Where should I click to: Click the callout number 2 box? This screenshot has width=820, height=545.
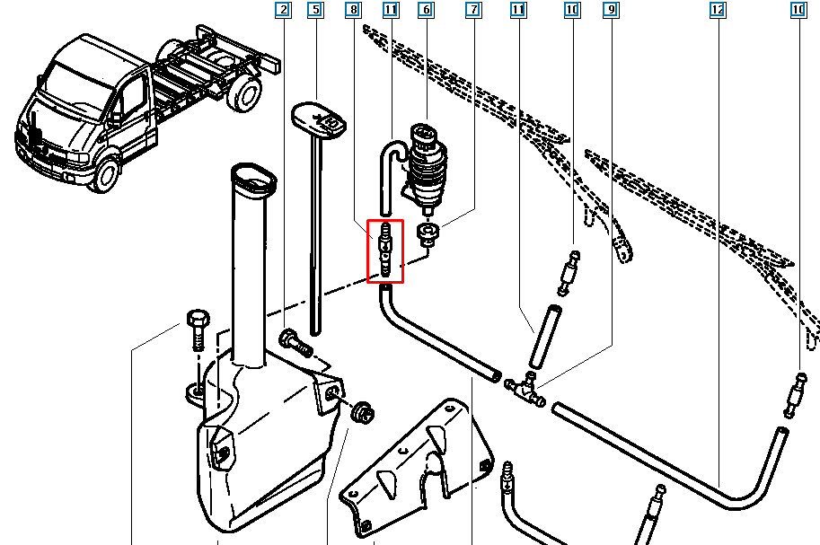(x=283, y=9)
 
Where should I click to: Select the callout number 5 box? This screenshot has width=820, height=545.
(x=315, y=9)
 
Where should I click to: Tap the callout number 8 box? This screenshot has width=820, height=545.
(x=354, y=9)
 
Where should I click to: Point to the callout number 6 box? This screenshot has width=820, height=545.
(x=427, y=9)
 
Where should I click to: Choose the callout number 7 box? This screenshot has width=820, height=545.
(x=474, y=9)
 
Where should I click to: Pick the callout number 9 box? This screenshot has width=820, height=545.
(x=611, y=9)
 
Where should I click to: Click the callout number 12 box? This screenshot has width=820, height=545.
(x=718, y=9)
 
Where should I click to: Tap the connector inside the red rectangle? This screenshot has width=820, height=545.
(x=385, y=250)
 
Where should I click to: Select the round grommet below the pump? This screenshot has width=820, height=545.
(x=428, y=233)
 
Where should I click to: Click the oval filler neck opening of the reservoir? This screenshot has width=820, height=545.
(x=253, y=179)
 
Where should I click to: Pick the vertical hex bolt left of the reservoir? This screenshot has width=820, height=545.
(x=198, y=330)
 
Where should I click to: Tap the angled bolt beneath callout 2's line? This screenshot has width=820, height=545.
(x=296, y=343)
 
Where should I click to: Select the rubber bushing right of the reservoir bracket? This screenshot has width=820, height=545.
(x=363, y=412)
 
